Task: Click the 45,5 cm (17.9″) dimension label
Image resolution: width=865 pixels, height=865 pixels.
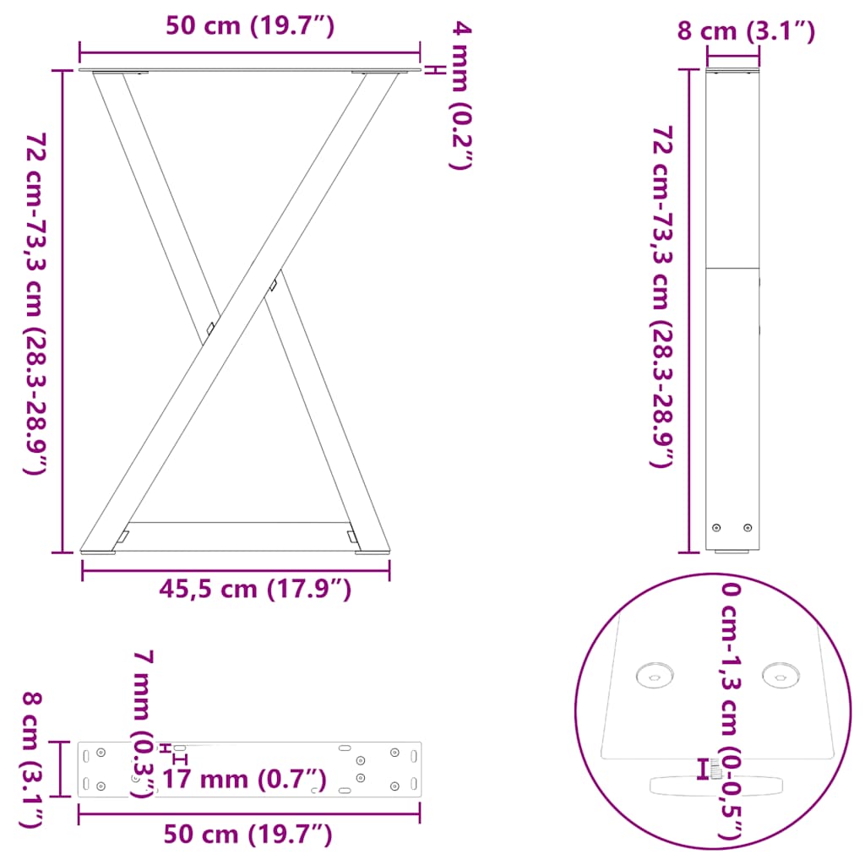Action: (x=255, y=589)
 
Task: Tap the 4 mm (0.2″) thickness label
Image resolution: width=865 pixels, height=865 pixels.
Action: (x=460, y=97)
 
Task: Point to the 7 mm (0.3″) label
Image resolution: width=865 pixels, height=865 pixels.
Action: (x=144, y=723)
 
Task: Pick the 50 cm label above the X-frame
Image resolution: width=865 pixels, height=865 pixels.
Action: (x=250, y=26)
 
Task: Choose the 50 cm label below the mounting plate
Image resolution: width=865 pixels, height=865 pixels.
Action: (x=247, y=835)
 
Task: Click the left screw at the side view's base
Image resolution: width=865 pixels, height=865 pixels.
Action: (x=717, y=528)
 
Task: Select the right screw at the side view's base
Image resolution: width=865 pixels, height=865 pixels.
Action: (x=748, y=528)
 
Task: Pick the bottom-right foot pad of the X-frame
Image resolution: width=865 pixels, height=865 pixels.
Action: (x=373, y=553)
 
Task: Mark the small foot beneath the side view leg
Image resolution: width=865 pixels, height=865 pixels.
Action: (x=732, y=553)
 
